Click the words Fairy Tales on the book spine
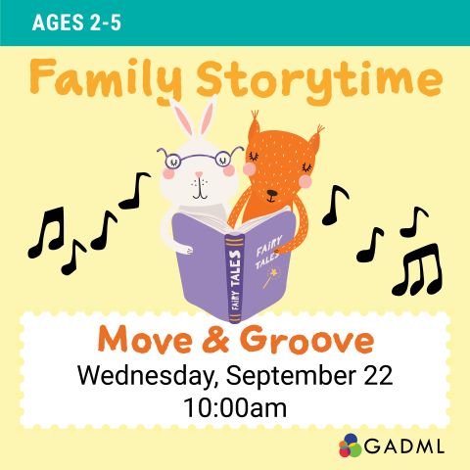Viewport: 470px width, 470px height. point(234,279)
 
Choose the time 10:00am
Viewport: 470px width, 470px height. point(235,406)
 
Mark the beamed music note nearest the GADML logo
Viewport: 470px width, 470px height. point(417,270)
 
